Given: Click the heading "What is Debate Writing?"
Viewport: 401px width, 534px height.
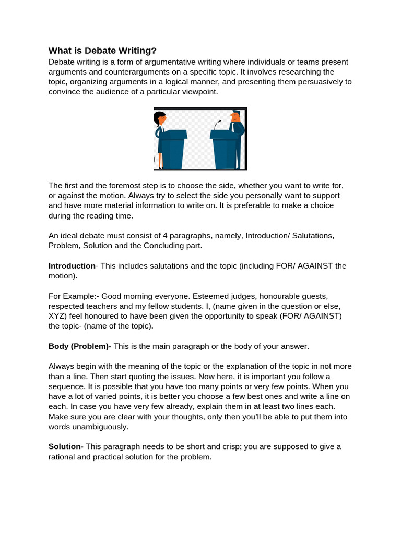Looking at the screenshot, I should pyautogui.click(x=102, y=51).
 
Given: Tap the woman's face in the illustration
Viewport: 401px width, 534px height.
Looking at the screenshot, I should pyautogui.click(x=162, y=119).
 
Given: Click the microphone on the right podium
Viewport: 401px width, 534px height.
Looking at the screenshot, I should pyautogui.click(x=218, y=124).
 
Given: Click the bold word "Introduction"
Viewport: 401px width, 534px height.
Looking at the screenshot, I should pyautogui.click(x=72, y=266).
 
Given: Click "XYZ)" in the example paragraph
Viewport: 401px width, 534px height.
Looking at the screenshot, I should pyautogui.click(x=57, y=316).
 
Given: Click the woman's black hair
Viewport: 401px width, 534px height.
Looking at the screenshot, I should pyautogui.click(x=157, y=116).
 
